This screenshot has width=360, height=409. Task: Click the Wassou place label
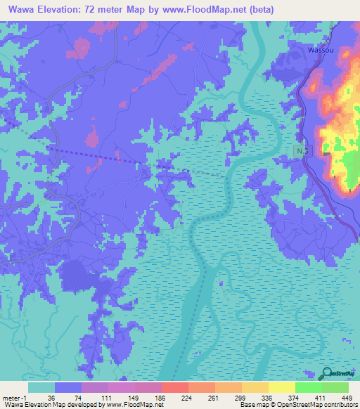coord(321,51)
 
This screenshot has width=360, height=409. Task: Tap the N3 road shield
coord(302,152)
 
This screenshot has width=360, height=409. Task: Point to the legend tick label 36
coord(54,397)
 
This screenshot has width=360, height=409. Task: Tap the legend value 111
coord(108,397)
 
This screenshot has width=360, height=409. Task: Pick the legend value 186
coord(161,397)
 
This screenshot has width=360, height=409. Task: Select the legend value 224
coord(188,397)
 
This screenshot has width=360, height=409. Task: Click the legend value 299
coord(241,397)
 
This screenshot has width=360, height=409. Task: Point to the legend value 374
coord(295,397)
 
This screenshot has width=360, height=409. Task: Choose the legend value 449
coord(347,397)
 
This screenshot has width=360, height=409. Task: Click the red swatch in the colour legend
coord(174,387)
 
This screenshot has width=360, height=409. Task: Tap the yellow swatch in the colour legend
coord(281,387)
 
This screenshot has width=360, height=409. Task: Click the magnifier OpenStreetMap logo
coord(328,372)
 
